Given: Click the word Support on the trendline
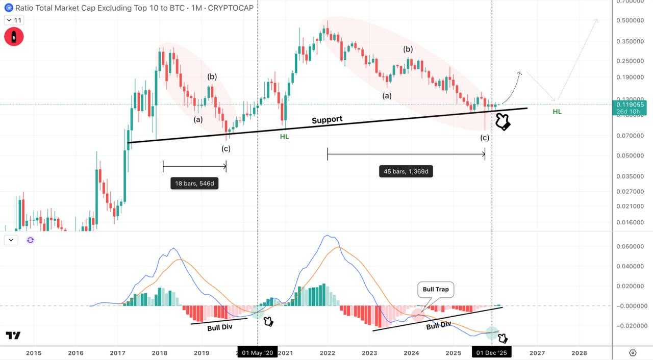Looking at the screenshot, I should coord(327,120).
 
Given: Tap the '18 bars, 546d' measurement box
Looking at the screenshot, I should coord(194,184).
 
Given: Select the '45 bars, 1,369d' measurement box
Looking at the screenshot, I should coord(406,171).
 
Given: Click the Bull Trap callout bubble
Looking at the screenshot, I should coord(436,290).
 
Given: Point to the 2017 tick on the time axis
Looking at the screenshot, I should coord(117,353).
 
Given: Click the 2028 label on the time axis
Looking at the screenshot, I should coord(579,353).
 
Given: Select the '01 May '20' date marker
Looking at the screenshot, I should coord(258,353).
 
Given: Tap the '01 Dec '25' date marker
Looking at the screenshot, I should coord(491,353).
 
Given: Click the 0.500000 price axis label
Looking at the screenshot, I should coord(631,20).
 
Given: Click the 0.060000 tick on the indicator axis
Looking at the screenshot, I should coord(631,246).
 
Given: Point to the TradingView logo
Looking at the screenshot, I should coord(13,336).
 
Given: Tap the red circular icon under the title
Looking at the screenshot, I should coord(14,37).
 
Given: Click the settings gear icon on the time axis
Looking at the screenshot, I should coord(633,353).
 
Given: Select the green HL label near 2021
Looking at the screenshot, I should coord(284,137).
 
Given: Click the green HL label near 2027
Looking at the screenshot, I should coord(557,111).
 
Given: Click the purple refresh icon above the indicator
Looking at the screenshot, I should coord(30,240).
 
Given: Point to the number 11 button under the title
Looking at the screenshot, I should coord(14,20).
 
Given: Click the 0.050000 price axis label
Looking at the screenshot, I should coord(631,156).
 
